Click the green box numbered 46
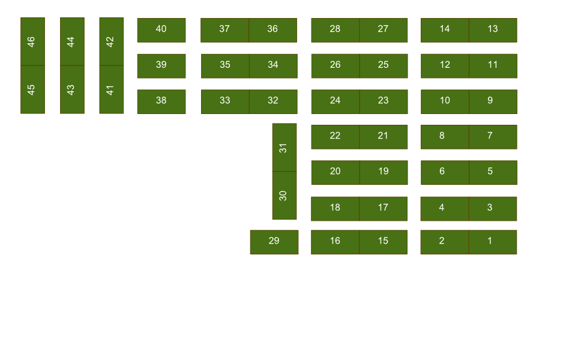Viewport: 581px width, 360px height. click(32, 41)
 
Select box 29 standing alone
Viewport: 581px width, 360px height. click(274, 242)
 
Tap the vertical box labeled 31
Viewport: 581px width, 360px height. click(284, 148)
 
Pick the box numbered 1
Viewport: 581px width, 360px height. click(492, 242)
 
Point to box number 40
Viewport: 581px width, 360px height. click(161, 30)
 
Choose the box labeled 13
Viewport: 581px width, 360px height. click(492, 30)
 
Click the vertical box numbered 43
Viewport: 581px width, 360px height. click(72, 89)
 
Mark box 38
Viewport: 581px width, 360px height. click(161, 101)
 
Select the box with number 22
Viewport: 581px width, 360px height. click(335, 137)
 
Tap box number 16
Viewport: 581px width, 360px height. click(335, 242)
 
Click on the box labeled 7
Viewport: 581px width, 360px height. click(492, 137)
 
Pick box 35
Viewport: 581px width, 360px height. click(225, 66)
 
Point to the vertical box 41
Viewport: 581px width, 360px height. click(111, 89)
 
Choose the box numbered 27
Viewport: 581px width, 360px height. click(383, 30)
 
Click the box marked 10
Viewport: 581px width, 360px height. click(445, 101)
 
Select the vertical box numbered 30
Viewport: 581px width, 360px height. click(284, 196)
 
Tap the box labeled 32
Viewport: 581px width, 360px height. click(272, 101)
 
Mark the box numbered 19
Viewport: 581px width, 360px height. click(383, 172)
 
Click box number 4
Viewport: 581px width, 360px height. click(444, 208)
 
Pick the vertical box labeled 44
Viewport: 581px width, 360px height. click(72, 41)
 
